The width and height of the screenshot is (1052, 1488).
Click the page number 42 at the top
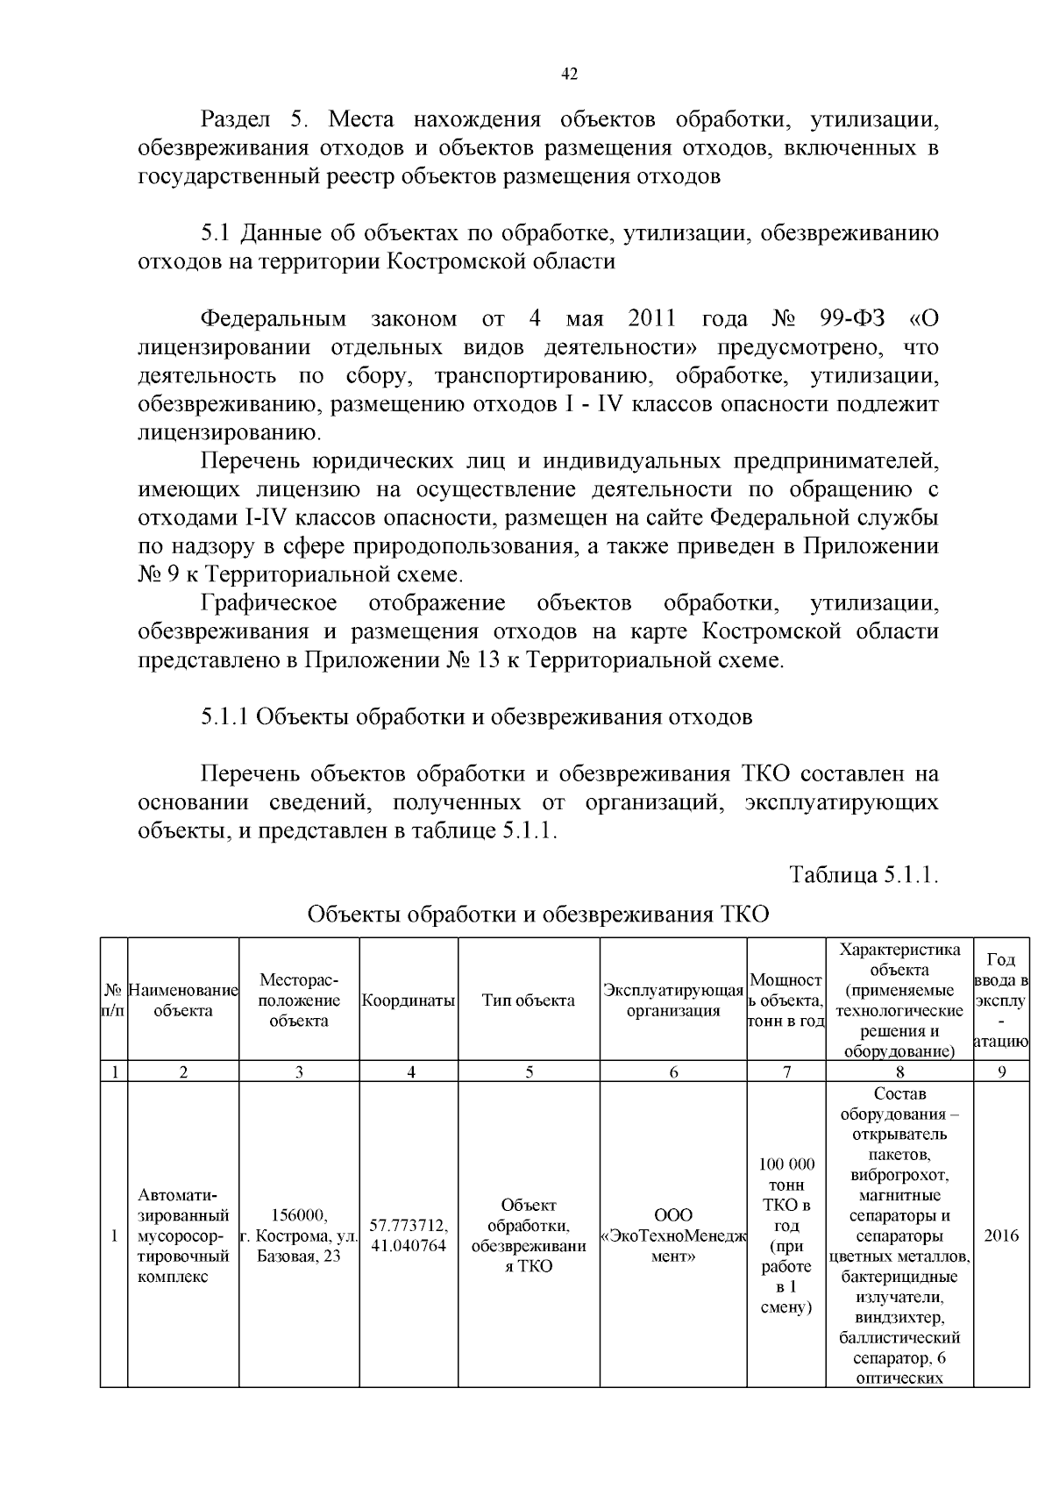tap(569, 75)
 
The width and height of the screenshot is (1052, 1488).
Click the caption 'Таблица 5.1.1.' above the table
tap(864, 874)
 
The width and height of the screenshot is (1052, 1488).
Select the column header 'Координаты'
tap(409, 1000)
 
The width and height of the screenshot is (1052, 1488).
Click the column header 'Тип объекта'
tap(529, 1000)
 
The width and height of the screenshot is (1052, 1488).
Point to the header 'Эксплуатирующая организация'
tap(673, 1000)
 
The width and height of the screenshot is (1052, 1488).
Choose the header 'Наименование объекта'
tap(183, 1000)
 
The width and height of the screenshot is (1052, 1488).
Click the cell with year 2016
tap(1001, 1235)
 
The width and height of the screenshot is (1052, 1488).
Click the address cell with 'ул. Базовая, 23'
tap(299, 1235)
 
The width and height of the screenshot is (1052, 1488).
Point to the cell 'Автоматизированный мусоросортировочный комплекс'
tap(183, 1235)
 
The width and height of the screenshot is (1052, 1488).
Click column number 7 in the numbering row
tap(786, 1072)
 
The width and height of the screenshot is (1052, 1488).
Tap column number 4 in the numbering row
tap(409, 1072)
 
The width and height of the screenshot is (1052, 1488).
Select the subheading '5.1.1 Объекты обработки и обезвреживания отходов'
tap(476, 716)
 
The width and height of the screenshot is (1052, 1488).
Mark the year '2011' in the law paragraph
tap(651, 318)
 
